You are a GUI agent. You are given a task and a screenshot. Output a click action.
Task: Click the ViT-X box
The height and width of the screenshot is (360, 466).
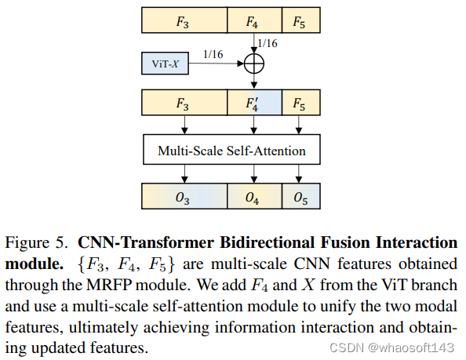[x=166, y=62]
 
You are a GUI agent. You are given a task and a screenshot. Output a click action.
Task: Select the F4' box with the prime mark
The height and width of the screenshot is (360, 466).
[x=253, y=103]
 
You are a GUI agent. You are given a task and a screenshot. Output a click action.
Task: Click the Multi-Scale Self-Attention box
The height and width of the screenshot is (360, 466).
[x=232, y=150]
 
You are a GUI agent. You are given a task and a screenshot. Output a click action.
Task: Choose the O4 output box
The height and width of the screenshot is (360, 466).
[x=253, y=198]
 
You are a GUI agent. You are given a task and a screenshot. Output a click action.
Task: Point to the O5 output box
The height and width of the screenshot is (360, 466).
[x=300, y=198]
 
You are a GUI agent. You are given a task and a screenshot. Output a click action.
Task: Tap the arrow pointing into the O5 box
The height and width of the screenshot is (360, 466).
[x=300, y=174]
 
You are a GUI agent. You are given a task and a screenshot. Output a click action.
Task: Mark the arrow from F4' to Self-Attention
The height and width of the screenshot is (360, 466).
[x=253, y=125]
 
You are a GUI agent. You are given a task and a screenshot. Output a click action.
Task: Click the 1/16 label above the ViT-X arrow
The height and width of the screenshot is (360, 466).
[x=213, y=53]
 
